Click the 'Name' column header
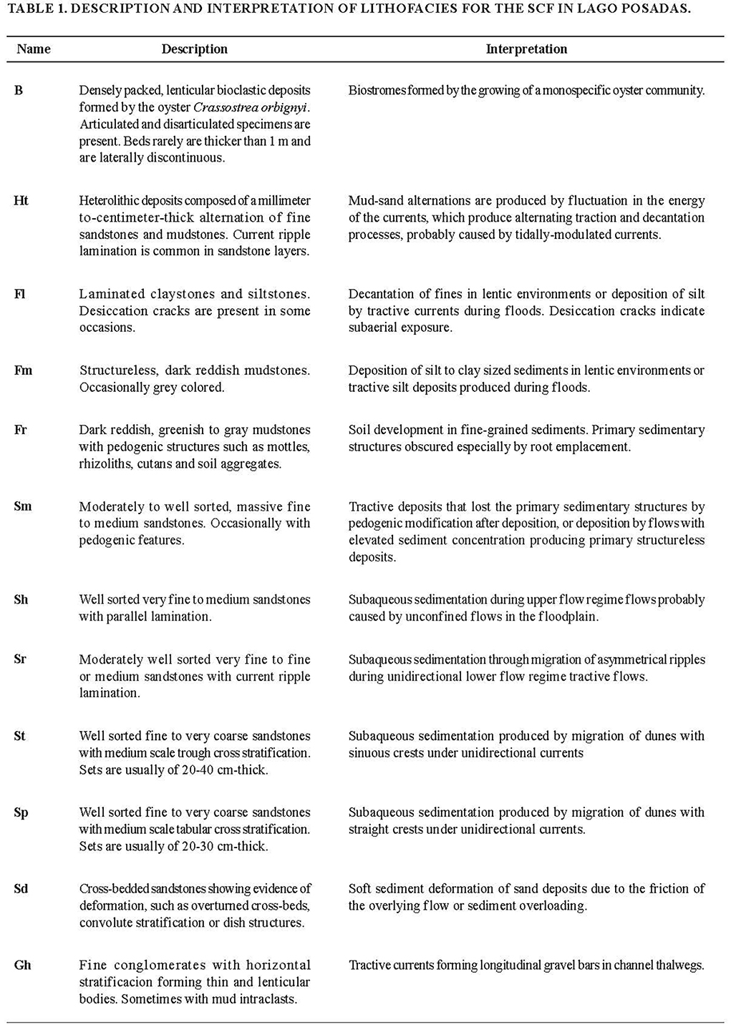(x=34, y=49)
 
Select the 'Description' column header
(x=194, y=49)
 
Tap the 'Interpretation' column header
(x=526, y=49)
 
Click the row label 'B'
(x=19, y=91)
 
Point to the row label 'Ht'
(x=21, y=201)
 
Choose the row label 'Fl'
(x=19, y=294)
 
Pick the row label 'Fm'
(x=23, y=370)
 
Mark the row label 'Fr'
(x=21, y=430)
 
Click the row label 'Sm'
(x=23, y=506)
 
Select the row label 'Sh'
(x=21, y=599)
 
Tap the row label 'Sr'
(x=20, y=659)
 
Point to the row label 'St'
(x=19, y=736)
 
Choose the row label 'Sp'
(x=21, y=812)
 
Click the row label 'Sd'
(x=21, y=889)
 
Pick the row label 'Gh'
(x=22, y=965)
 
